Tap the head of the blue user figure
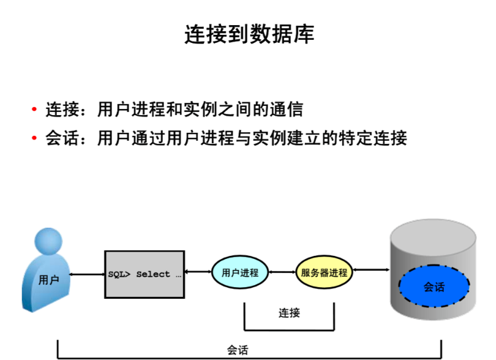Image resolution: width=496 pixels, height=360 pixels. pos(49,242)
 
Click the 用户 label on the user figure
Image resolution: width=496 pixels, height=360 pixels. pos(48,280)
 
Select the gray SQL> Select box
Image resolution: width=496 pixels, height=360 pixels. pos(145,274)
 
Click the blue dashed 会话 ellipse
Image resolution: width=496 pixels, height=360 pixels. pos(434,286)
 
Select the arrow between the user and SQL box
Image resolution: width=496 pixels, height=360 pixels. pos(87,274)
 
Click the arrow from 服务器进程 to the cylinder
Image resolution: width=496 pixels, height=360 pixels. pos(372,269)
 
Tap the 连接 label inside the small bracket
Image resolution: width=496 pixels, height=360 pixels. pos(289,313)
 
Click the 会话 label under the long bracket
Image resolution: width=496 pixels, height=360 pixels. pos(238,350)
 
